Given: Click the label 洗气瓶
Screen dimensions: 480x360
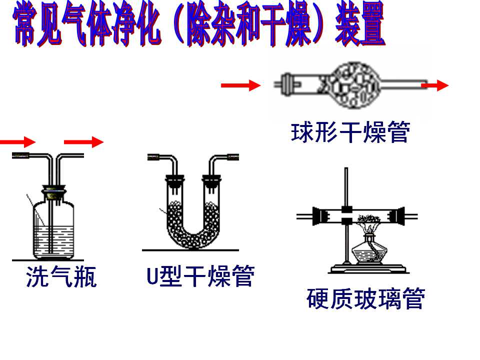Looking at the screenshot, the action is point(61,276).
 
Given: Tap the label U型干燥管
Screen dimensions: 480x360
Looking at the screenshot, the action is point(200,276).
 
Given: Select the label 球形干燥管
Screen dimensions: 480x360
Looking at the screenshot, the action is point(350,132).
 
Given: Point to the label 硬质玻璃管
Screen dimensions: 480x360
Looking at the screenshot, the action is point(366,298).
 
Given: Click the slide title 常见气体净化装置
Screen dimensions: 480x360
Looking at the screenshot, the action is point(199,24).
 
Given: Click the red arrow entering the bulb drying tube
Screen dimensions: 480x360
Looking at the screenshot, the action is point(240,85).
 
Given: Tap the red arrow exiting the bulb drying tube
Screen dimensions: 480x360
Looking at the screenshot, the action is point(435,85).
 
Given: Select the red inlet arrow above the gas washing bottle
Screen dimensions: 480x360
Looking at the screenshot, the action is point(18,142).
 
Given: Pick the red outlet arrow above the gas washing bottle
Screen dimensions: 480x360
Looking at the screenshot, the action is point(83,142).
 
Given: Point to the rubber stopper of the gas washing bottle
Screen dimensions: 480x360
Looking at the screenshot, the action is point(54,192).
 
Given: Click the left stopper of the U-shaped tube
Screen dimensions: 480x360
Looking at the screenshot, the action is point(175,180).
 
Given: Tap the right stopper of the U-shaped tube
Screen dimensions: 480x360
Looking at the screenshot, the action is point(211,180).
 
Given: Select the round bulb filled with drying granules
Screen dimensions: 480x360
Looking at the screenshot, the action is point(354,85).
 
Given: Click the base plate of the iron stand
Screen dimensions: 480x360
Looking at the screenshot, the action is point(368,269).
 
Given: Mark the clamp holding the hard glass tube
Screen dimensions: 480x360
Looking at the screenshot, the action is point(347,215).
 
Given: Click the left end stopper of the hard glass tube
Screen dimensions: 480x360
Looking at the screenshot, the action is point(318,216).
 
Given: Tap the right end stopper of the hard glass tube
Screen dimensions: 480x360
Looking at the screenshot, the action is point(398,216).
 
